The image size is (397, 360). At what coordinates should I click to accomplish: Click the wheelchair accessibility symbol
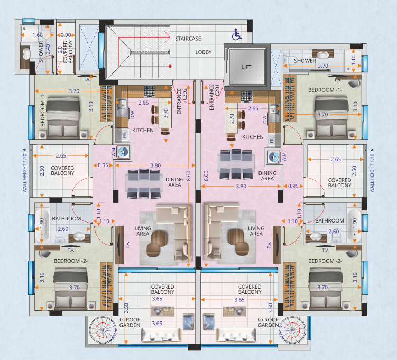pyautogui.click(x=237, y=34)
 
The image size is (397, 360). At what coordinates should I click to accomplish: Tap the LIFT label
pyautogui.click(x=246, y=67)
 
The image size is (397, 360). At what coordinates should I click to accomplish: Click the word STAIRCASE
pyautogui.click(x=188, y=39)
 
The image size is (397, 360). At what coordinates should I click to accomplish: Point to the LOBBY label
pyautogui.click(x=204, y=52)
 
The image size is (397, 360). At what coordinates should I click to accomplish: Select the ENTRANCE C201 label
pyautogui.click(x=214, y=97)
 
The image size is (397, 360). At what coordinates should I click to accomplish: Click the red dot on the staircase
pyautogui.click(x=170, y=66)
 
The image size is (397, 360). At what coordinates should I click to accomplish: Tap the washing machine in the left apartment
pyautogui.click(x=124, y=152)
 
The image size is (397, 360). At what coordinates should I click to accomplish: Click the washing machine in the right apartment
pyautogui.click(x=273, y=157)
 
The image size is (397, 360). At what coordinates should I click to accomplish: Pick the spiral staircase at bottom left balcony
pyautogui.click(x=103, y=330)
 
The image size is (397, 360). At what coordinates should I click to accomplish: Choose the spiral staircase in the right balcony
pyautogui.click(x=292, y=330)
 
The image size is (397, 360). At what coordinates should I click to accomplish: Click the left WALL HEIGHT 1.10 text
pyautogui.click(x=25, y=173)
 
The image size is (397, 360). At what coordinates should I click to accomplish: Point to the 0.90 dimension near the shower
pyautogui.click(x=66, y=35)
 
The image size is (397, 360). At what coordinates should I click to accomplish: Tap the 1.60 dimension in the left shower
pyautogui.click(x=38, y=35)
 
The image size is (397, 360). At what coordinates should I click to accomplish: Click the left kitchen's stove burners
pyautogui.click(x=150, y=91)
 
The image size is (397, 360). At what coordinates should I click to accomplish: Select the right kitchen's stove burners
pyautogui.click(x=246, y=96)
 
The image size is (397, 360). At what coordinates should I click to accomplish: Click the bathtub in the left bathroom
pyautogui.click(x=42, y=222)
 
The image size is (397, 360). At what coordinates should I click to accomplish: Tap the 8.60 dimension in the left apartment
pyautogui.click(x=188, y=176)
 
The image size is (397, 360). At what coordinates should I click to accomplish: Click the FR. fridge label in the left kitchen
pyautogui.click(x=125, y=135)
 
